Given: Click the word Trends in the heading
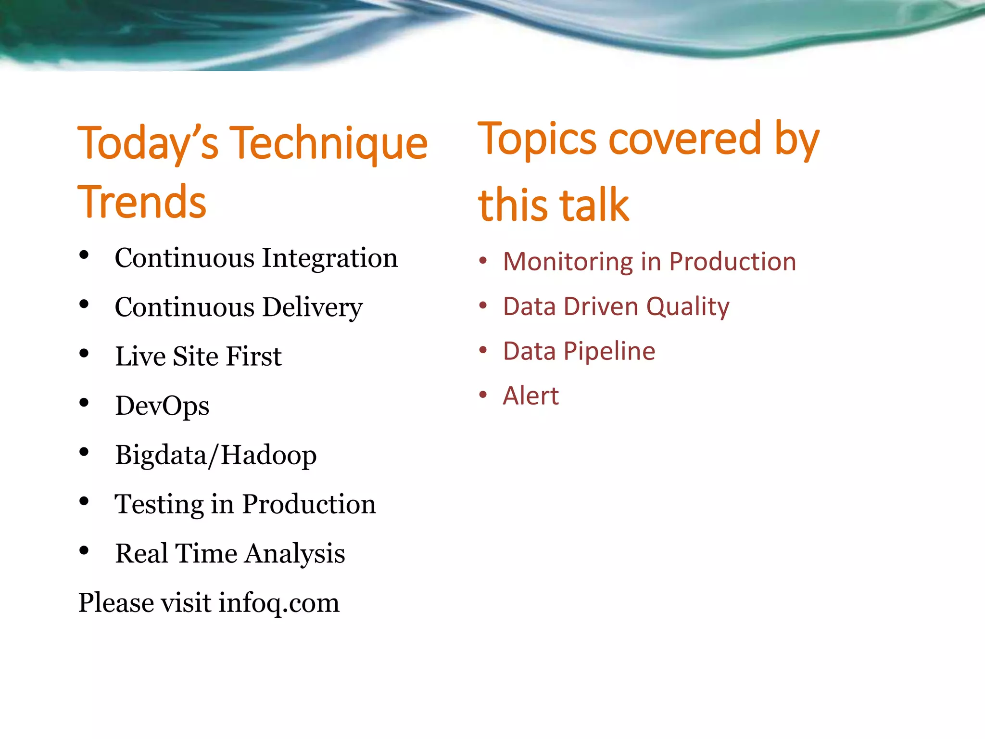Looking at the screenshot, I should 142,202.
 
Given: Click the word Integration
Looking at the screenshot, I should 330,259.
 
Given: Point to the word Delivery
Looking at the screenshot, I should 313,308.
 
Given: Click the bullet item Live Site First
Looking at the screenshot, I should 198,357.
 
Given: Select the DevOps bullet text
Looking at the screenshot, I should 162,406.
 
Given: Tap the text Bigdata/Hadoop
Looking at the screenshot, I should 215,455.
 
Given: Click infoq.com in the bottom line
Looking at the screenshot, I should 279,603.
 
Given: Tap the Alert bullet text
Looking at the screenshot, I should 530,396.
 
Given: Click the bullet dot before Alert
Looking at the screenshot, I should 483,395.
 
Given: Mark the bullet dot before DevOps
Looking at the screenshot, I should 84,403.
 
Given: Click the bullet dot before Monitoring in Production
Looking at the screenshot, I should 483,261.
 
